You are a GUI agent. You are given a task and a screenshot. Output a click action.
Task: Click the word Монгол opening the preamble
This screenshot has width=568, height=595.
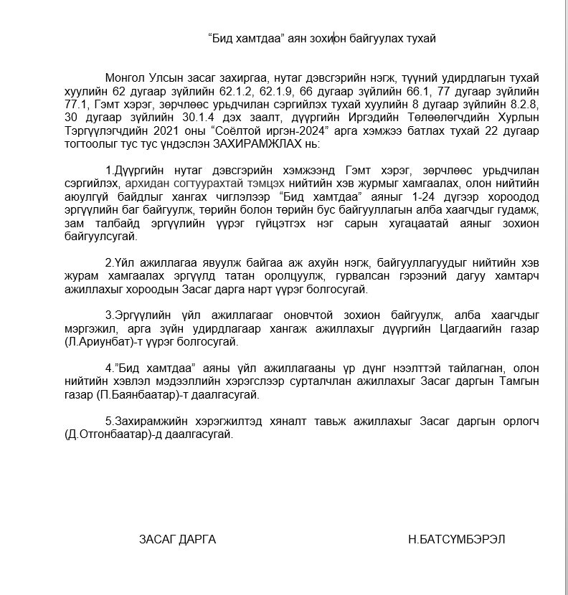(124, 77)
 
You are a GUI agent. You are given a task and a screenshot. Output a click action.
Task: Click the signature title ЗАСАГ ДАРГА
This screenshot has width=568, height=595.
(177, 539)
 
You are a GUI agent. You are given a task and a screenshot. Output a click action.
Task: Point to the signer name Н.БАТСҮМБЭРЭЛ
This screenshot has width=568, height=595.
(454, 539)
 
